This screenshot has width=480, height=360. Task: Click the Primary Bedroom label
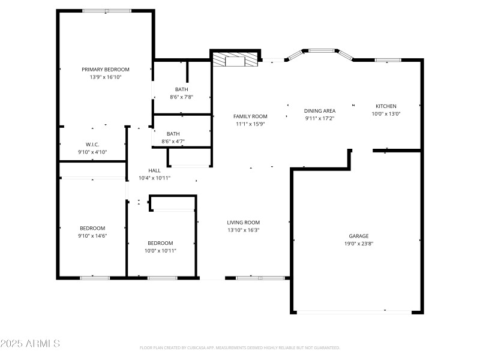point(106,70)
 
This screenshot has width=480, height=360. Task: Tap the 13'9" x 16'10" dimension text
point(106,77)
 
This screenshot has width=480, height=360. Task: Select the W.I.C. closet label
point(92,144)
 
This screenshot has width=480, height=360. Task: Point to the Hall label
point(154,170)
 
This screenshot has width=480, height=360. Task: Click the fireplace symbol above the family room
point(236,59)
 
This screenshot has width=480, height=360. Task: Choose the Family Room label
point(250,116)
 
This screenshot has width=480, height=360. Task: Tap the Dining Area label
point(320,110)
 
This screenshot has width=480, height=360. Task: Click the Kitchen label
point(386,106)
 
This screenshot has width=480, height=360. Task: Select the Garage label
point(359,236)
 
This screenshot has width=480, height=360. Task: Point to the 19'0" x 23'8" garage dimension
point(359,244)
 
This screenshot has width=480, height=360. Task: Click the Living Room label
point(243,222)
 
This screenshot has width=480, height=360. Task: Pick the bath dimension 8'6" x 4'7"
point(173,142)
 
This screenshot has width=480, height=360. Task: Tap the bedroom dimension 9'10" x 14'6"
point(92,236)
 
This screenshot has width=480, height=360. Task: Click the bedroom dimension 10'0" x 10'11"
point(160,251)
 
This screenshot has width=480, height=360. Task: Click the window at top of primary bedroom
point(107,11)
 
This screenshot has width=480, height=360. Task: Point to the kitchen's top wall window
point(388,60)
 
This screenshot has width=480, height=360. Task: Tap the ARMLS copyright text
point(30,344)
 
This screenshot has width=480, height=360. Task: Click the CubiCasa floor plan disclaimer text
point(240,348)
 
